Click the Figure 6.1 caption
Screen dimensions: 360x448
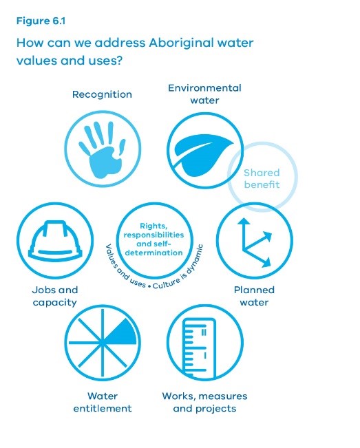41,21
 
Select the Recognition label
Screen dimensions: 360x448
102,94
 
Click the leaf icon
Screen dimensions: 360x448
204,153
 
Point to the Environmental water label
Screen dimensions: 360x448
204,94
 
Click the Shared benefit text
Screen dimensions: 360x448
262,178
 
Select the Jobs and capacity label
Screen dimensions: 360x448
55,296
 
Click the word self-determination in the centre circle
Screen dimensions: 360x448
153,248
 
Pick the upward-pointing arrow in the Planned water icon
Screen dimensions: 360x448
244,234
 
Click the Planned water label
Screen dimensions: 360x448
254,296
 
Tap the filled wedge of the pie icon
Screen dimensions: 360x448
122,332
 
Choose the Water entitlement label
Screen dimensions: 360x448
103,402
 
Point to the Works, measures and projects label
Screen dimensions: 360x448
204,402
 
